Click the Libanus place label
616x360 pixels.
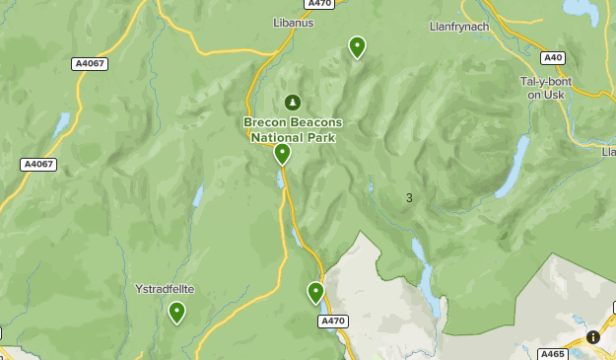[x=293, y=22]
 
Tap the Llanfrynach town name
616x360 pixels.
[x=459, y=26]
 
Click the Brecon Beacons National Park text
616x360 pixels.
[x=293, y=129]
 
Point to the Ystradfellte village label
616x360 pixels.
[x=165, y=289]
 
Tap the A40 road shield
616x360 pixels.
[x=553, y=58]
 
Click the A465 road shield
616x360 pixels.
[x=553, y=353]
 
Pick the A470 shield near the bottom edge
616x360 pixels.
[x=333, y=321]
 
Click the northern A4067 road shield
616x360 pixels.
[x=91, y=63]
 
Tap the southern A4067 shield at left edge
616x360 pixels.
[x=38, y=165]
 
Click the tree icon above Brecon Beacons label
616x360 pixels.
[x=292, y=102]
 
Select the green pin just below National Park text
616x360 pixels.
[x=282, y=154]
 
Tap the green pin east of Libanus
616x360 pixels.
[x=357, y=47]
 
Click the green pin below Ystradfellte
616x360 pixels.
[x=176, y=313]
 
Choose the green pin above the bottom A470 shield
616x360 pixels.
[x=315, y=293]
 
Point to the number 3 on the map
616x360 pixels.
[x=409, y=198]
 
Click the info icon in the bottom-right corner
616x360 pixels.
[x=593, y=337]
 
